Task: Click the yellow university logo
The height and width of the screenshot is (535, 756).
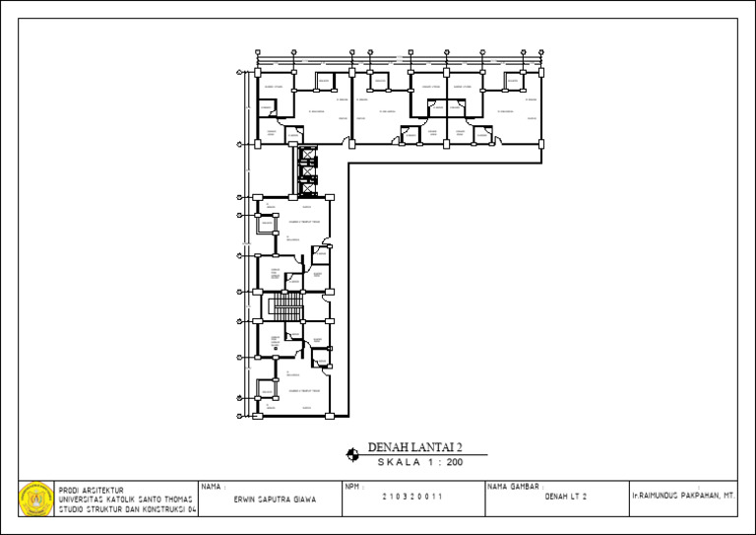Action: point(36,499)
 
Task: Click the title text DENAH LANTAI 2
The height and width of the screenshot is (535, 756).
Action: point(414,447)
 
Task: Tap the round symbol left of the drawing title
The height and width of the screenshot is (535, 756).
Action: point(352,454)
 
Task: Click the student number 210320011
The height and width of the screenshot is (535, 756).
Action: point(412,498)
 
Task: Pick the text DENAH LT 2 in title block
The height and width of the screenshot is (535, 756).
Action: point(565,498)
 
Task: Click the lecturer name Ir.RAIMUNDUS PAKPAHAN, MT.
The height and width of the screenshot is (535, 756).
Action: point(683,497)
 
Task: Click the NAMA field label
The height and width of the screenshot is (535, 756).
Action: point(213,487)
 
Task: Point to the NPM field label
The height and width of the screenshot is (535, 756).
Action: point(354,487)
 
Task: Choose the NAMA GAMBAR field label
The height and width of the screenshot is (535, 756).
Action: point(510,487)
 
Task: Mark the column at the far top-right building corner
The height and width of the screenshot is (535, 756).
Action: point(541,71)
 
